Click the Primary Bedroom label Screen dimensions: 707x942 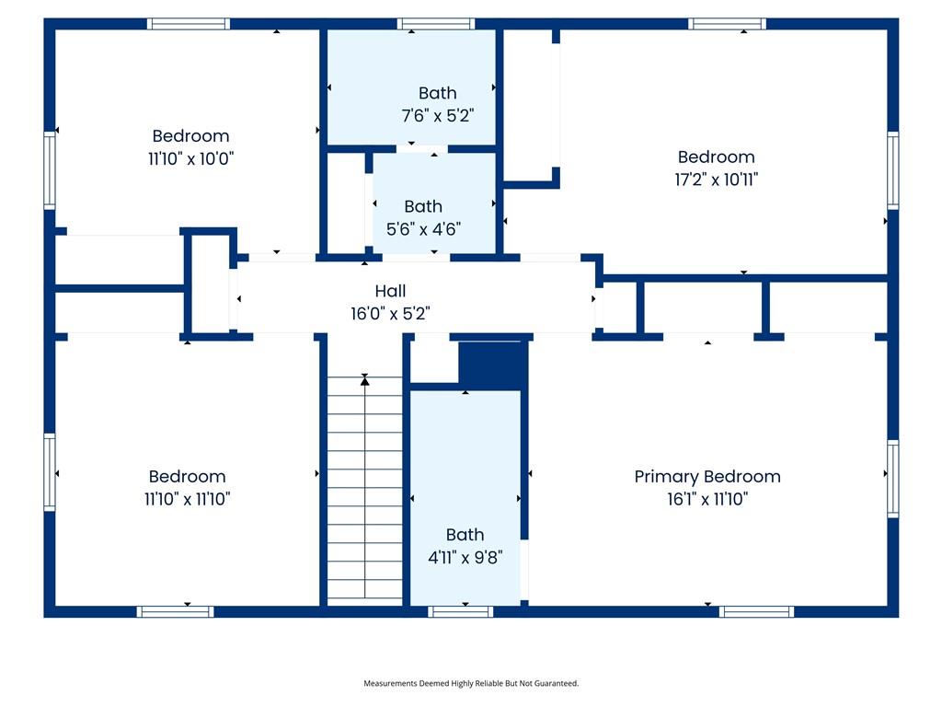pos(707,477)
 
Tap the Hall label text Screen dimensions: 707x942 pos(390,292)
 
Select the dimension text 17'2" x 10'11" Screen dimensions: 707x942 pos(716,180)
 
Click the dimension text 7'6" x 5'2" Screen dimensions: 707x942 pos(437,116)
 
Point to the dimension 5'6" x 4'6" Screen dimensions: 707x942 pos(422,229)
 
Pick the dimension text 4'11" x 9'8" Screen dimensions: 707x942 pos(465,557)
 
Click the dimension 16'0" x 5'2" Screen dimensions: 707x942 pos(390,314)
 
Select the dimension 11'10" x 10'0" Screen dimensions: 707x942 pos(190,158)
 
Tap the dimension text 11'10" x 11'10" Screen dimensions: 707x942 pos(187,499)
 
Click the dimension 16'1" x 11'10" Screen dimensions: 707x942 pos(707,499)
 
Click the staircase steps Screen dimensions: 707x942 pos(365,488)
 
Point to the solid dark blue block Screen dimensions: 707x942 pos(492,365)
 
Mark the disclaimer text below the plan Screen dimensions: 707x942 pos(471,683)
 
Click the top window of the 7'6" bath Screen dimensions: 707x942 pos(436,24)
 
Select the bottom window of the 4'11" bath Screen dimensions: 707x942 pos(461,611)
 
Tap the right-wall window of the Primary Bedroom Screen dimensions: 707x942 pos(892,478)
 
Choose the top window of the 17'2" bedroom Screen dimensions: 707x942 pos(727,24)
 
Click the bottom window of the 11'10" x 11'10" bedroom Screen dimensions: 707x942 pos(175,611)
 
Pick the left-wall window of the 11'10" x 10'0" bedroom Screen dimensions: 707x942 pos(50,170)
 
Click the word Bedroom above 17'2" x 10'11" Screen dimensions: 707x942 pos(716,157)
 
